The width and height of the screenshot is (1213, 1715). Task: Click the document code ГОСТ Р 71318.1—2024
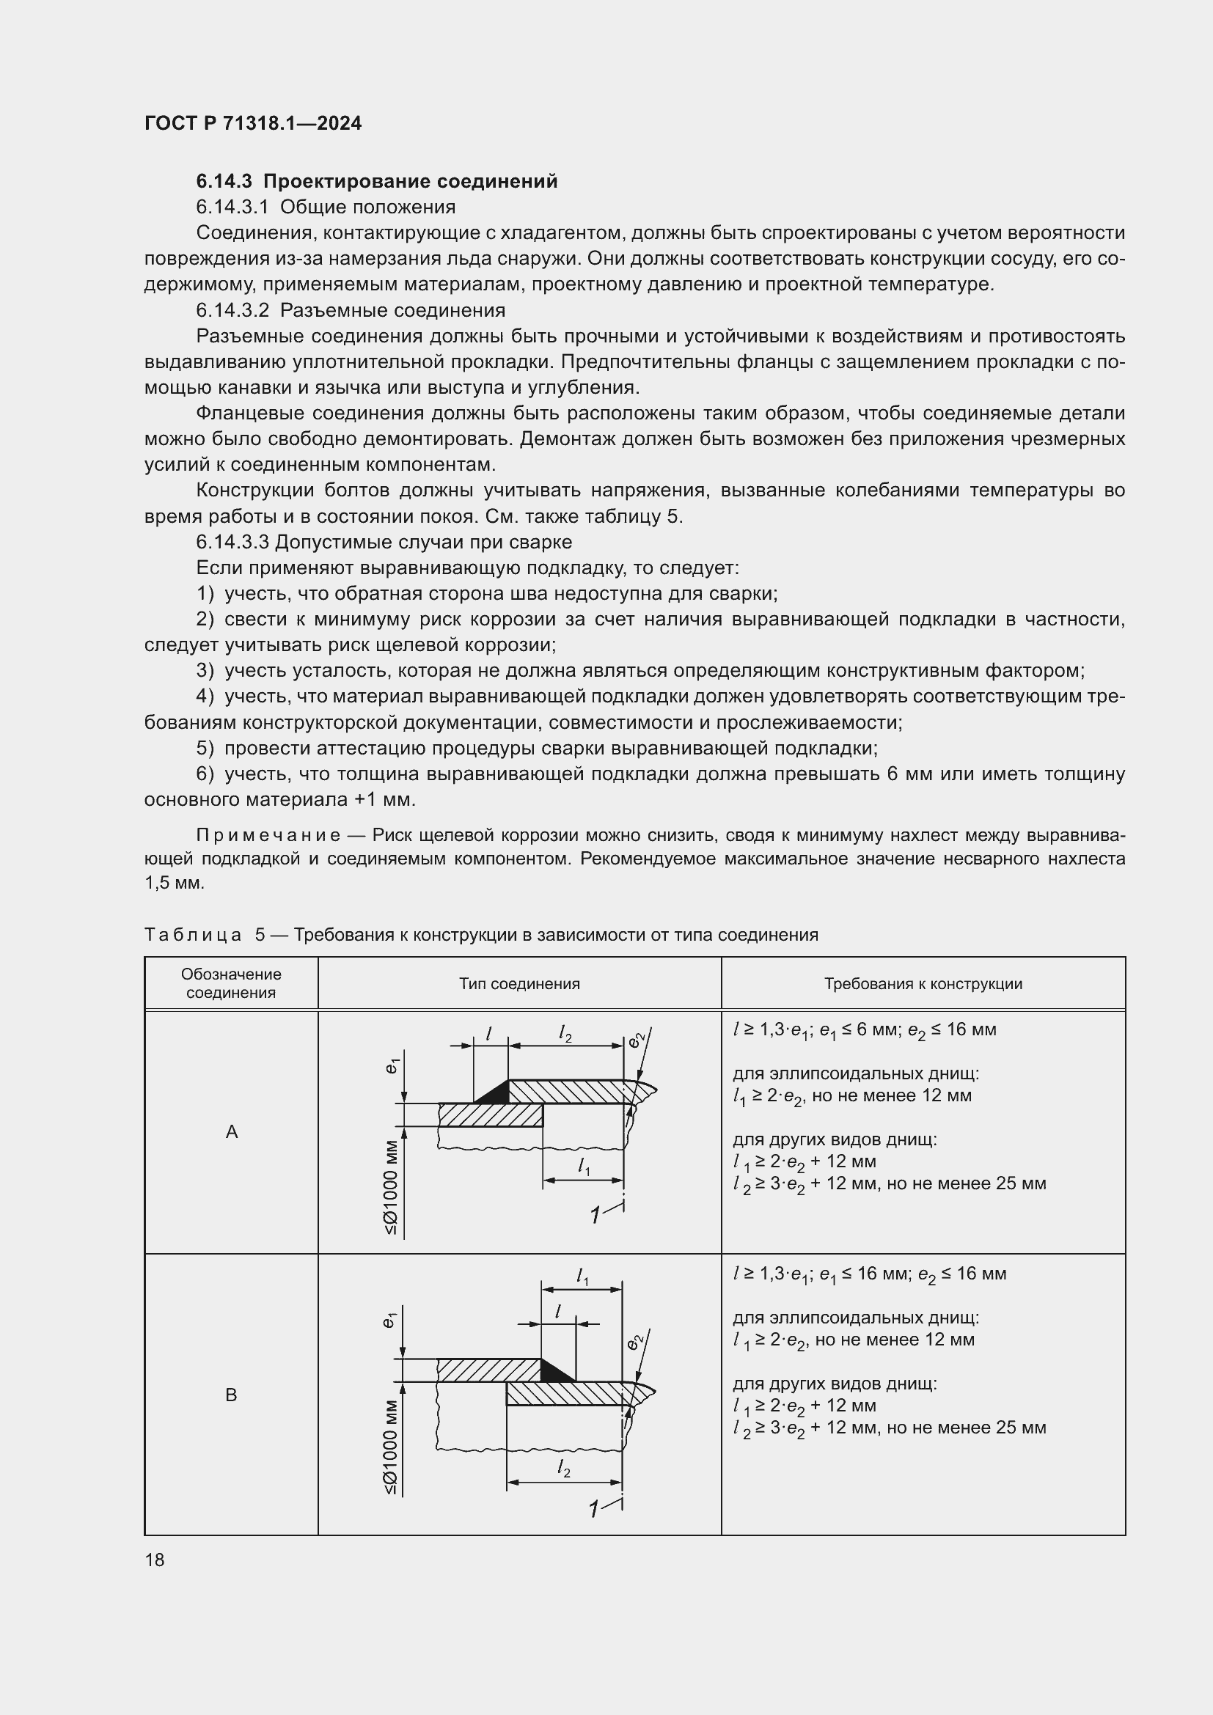(x=252, y=123)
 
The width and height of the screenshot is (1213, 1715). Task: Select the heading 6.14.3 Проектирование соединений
(x=376, y=182)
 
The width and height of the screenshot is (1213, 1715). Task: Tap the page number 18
(x=155, y=1560)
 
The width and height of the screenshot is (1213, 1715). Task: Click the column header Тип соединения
(x=519, y=984)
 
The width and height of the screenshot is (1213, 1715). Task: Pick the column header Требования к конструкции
(x=923, y=984)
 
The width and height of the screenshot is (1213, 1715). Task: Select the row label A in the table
(x=232, y=1132)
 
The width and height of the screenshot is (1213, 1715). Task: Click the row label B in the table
(x=232, y=1395)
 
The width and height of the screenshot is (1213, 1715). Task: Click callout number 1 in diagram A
(x=595, y=1216)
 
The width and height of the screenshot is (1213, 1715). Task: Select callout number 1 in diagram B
(x=595, y=1510)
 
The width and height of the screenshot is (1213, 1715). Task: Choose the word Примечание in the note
(x=268, y=835)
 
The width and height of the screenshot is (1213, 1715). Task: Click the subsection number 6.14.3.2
(x=232, y=311)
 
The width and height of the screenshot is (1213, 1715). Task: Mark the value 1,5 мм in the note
(x=174, y=883)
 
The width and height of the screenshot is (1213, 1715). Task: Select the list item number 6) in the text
(x=205, y=774)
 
